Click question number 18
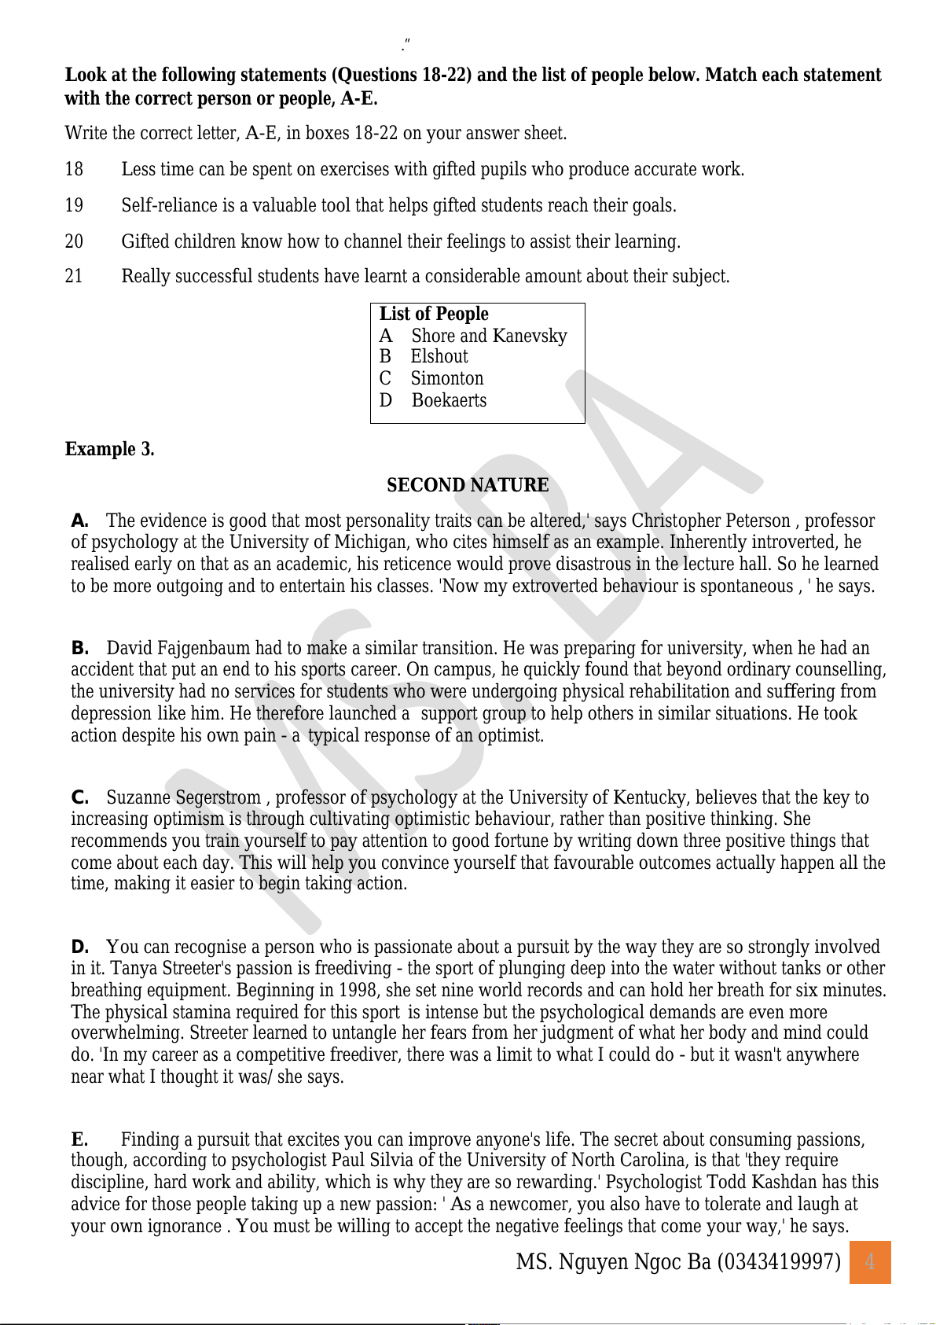74,170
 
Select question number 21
74,277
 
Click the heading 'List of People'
434,314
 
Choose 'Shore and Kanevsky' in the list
489,336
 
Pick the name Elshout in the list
439,357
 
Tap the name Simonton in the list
447,379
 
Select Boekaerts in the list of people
449,400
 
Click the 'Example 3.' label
109,449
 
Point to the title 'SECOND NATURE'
468,485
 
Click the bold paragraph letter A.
79,521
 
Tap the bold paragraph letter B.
79,648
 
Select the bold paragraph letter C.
79,797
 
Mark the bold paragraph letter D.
79,947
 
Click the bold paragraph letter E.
79,1139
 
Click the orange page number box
870,1262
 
